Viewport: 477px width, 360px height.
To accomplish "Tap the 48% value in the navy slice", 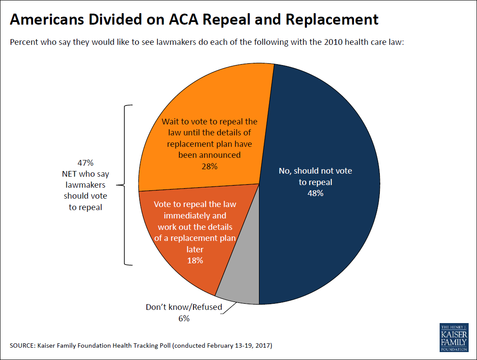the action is click(316, 193).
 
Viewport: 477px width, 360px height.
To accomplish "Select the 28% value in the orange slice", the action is click(210, 167).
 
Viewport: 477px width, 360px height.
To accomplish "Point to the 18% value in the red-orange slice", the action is click(195, 261).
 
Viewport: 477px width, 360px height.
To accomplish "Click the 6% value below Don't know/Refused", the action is click(184, 318).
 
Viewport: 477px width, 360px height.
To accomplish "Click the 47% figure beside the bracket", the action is click(85, 163).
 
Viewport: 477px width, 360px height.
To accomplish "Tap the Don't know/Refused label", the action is click(184, 307).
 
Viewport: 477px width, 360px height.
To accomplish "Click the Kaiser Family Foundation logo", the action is click(454, 338).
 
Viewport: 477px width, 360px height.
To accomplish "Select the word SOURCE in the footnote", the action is click(22, 345).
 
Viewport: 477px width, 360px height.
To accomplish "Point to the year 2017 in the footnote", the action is click(263, 345).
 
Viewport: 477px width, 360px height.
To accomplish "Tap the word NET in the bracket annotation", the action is click(69, 174).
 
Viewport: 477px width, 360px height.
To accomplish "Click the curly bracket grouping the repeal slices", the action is click(125, 185).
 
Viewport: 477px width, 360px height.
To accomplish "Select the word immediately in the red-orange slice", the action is click(195, 216).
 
